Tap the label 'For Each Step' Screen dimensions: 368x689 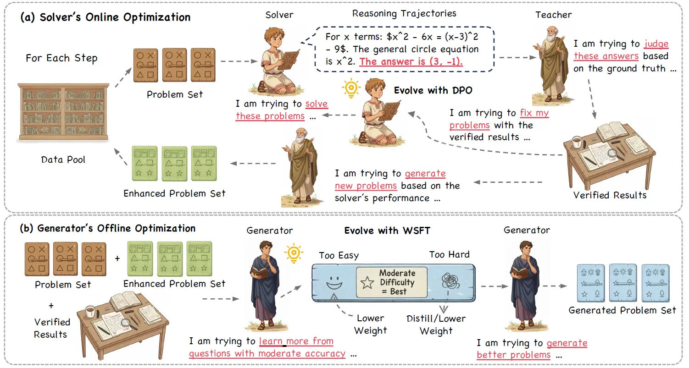[61, 58]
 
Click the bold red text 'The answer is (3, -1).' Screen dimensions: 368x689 [411, 61]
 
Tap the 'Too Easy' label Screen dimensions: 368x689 [339, 255]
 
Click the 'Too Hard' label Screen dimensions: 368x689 [449, 254]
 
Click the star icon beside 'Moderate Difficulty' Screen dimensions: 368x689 [367, 283]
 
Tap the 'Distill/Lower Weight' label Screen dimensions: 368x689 [436, 324]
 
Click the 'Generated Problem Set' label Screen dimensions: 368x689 [622, 310]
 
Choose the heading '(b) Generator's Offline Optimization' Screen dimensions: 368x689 [107, 228]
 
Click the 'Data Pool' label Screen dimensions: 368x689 [63, 160]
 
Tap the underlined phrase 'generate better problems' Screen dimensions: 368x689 [532, 349]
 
